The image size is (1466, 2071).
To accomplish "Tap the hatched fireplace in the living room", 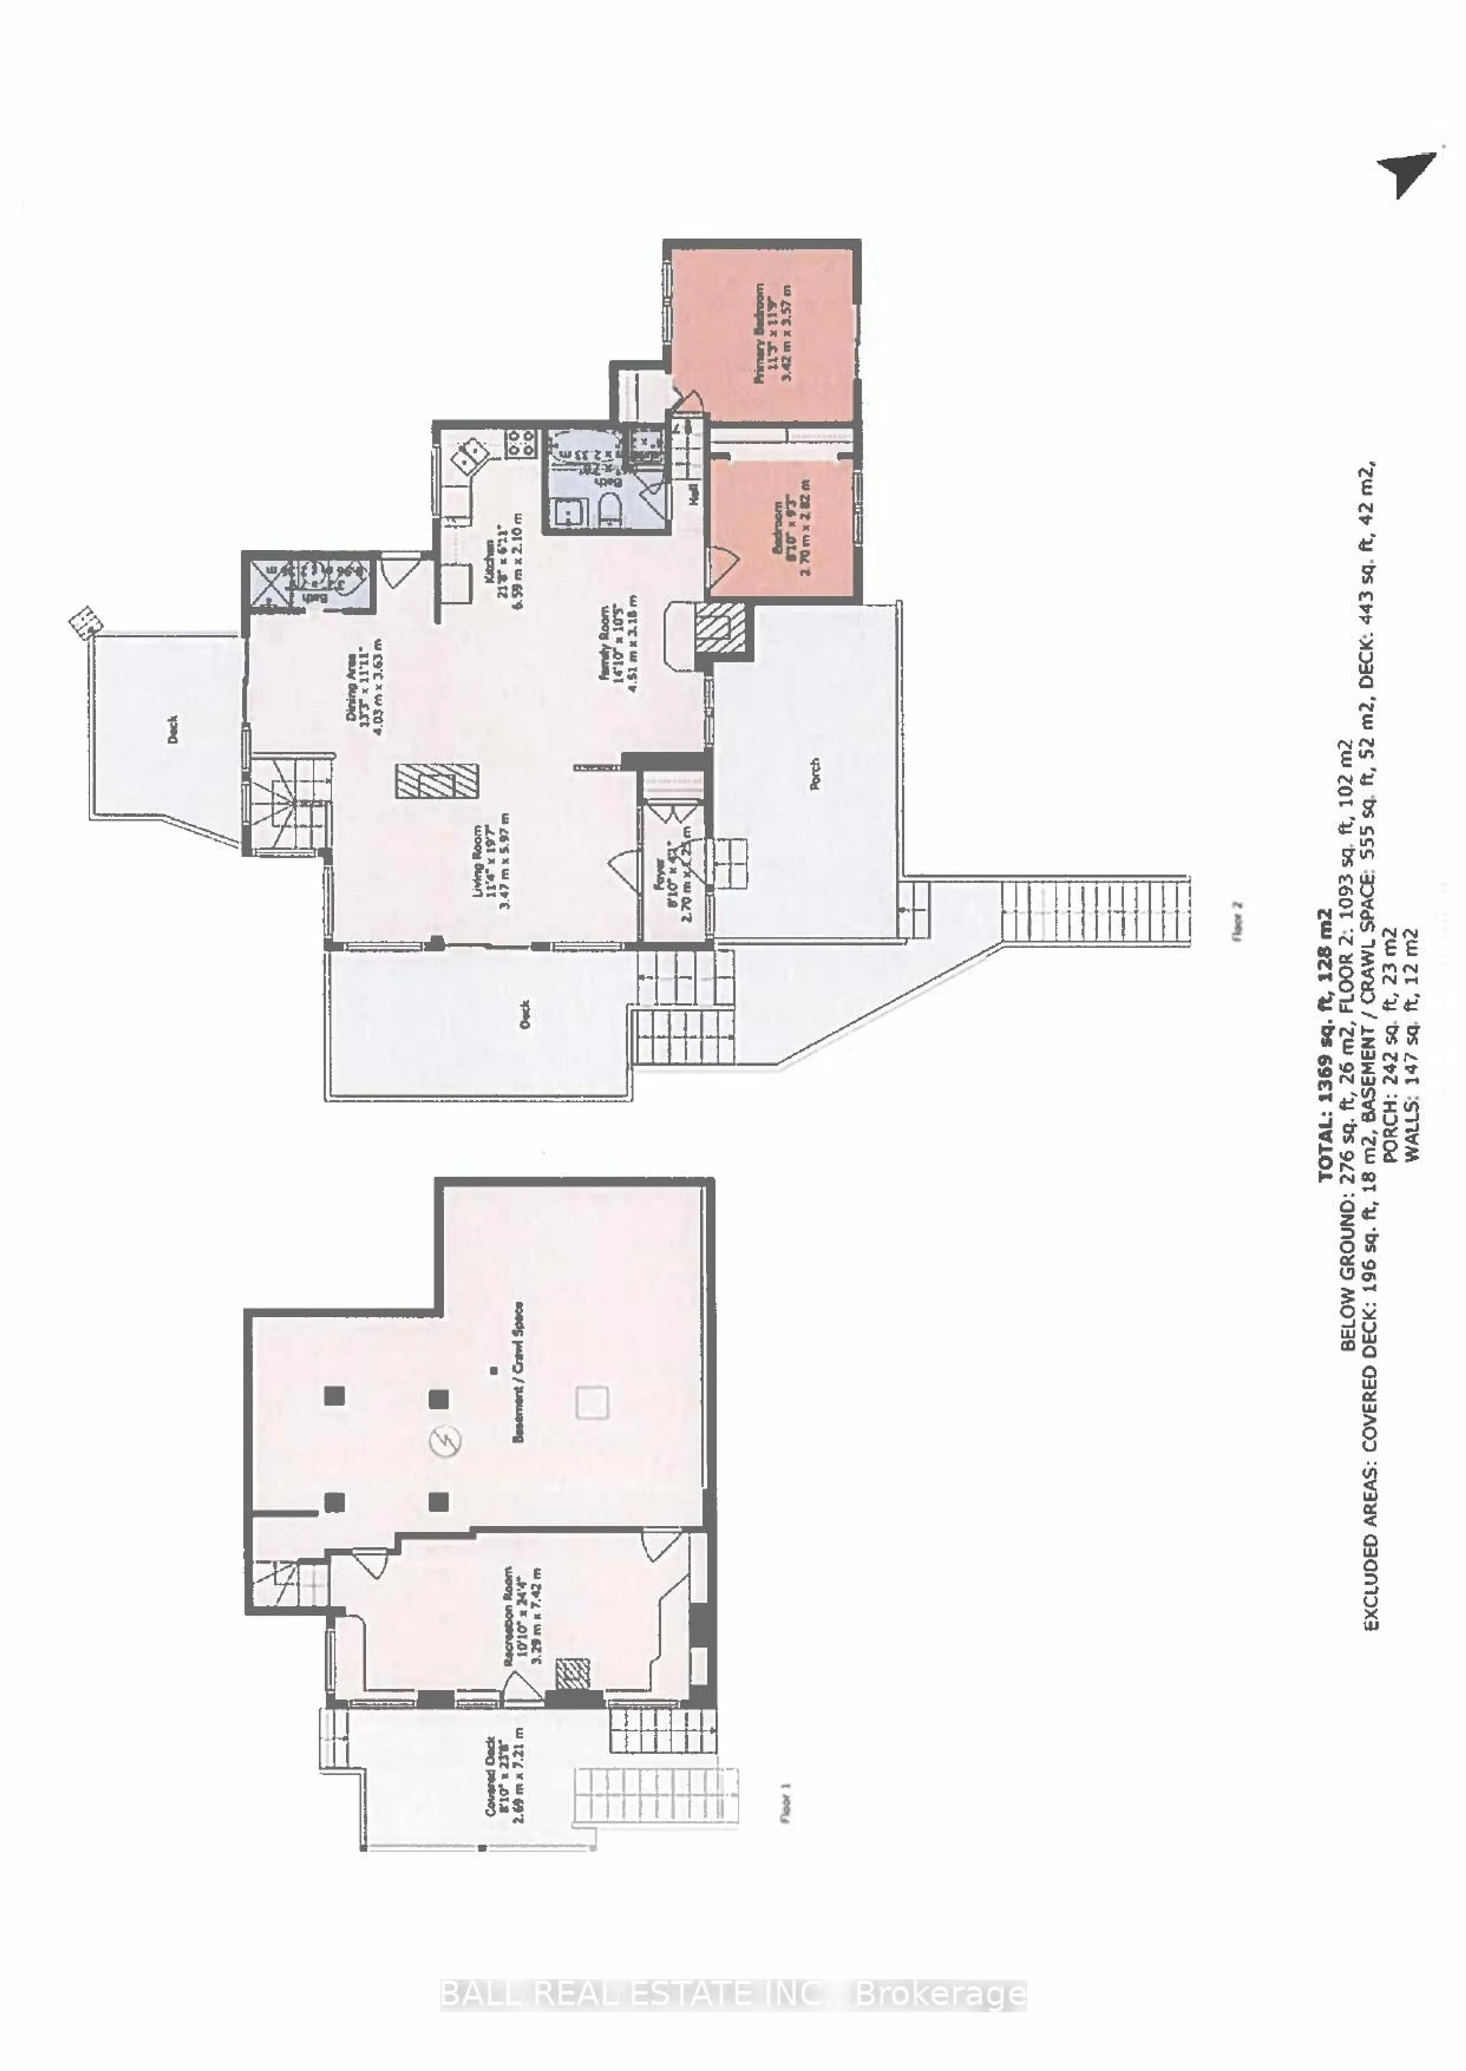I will (x=438, y=781).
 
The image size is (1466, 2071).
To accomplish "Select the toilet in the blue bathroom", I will (x=611, y=510).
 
